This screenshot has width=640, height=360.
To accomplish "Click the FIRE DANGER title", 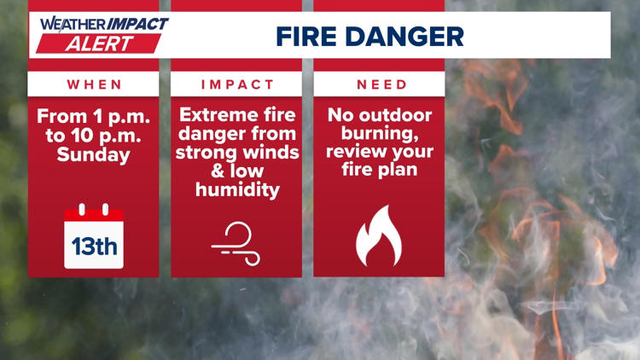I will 369,36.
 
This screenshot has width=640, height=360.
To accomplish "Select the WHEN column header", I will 94,84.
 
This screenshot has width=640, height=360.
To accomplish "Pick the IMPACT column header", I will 237,84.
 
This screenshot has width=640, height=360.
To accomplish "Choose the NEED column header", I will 380,84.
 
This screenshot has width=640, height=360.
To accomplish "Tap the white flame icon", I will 379,236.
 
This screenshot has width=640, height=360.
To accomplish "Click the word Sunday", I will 94,154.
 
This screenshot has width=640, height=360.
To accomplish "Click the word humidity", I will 236,190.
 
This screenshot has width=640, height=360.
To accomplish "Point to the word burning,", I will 380,135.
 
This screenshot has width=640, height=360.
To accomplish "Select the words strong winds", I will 236,154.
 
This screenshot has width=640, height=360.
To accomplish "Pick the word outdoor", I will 399,116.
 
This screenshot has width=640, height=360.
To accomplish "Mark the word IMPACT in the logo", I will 137,24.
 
